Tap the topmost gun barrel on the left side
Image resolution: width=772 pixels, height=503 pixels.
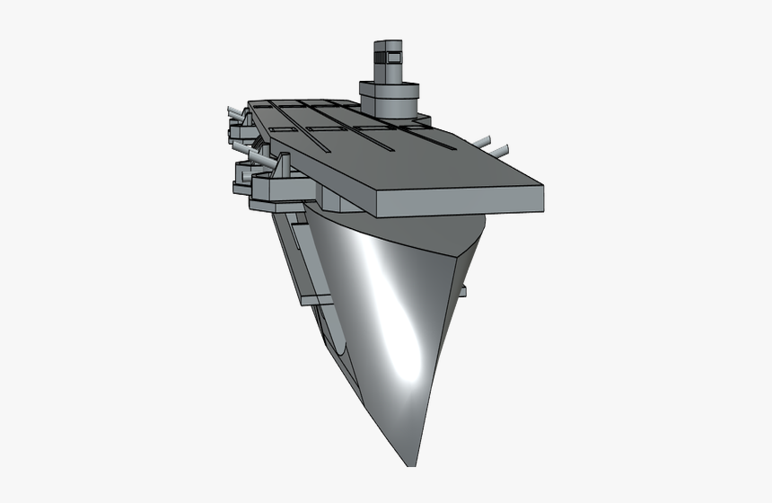point(233,111)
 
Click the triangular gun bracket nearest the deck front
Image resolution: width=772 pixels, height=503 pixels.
point(284,166)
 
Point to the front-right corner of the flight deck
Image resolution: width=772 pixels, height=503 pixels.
point(544,185)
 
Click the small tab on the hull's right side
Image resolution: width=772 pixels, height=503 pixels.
point(463,290)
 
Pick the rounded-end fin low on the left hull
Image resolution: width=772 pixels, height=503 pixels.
point(335,331)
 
